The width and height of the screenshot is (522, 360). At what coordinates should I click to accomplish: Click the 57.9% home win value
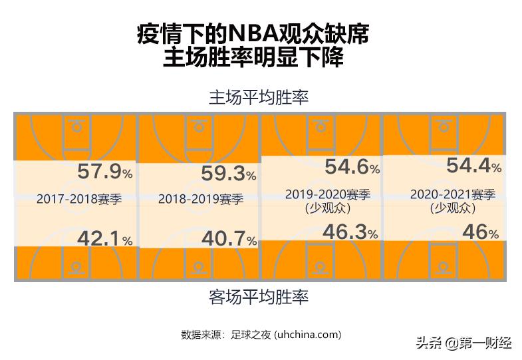pyautogui.click(x=105, y=172)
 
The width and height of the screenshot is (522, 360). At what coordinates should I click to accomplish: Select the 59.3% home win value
pyautogui.click(x=228, y=174)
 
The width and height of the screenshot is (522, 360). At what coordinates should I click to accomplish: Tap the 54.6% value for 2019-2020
pyautogui.click(x=352, y=167)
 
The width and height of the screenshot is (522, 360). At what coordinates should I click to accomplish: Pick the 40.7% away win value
pyautogui.click(x=228, y=240)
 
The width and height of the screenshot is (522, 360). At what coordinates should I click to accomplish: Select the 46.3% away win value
pyautogui.click(x=352, y=232)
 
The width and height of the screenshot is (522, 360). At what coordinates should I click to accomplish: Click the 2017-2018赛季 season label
pyautogui.click(x=78, y=199)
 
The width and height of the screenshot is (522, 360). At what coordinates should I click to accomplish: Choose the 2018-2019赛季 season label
pyautogui.click(x=201, y=199)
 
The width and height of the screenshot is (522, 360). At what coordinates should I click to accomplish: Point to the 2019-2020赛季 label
pyautogui.click(x=327, y=194)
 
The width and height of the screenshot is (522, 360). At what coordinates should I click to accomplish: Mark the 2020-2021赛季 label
pyautogui.click(x=453, y=194)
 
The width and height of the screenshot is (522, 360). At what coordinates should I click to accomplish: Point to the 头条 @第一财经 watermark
pyautogui.click(x=463, y=343)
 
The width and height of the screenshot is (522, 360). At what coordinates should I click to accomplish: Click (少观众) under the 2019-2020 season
pyautogui.click(x=327, y=208)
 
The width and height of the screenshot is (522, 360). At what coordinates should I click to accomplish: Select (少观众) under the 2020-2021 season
pyautogui.click(x=453, y=208)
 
